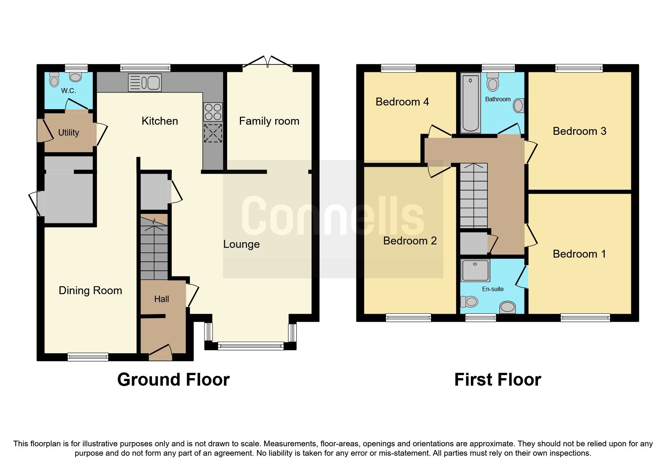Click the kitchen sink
click(145, 82)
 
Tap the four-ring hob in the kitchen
click(213, 112)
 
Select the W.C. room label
click(68, 91)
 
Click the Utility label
click(68, 133)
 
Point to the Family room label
click(269, 121)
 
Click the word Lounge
click(241, 244)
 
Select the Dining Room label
click(90, 291)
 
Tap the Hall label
click(161, 299)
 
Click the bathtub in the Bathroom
click(470, 103)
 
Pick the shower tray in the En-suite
click(476, 270)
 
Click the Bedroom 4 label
click(402, 102)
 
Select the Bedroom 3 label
click(579, 131)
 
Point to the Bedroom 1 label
click(579, 254)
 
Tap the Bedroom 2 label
click(410, 241)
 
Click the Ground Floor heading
click(173, 380)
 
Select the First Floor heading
click(498, 380)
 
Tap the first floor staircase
click(473, 196)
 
